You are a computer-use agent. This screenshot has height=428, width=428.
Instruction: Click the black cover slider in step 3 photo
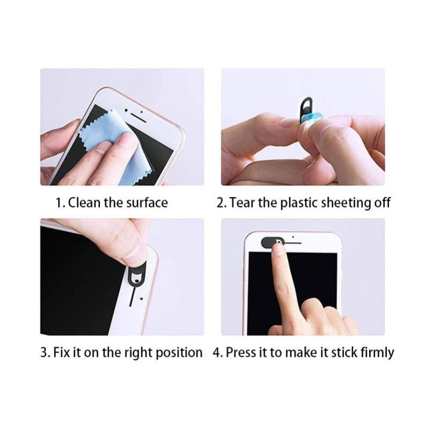coord(137,276)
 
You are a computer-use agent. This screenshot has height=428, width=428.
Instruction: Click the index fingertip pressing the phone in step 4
coord(278,249)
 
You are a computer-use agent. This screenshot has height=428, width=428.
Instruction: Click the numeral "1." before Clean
coord(60,203)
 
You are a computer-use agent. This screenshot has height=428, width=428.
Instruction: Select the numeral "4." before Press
coord(217,353)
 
